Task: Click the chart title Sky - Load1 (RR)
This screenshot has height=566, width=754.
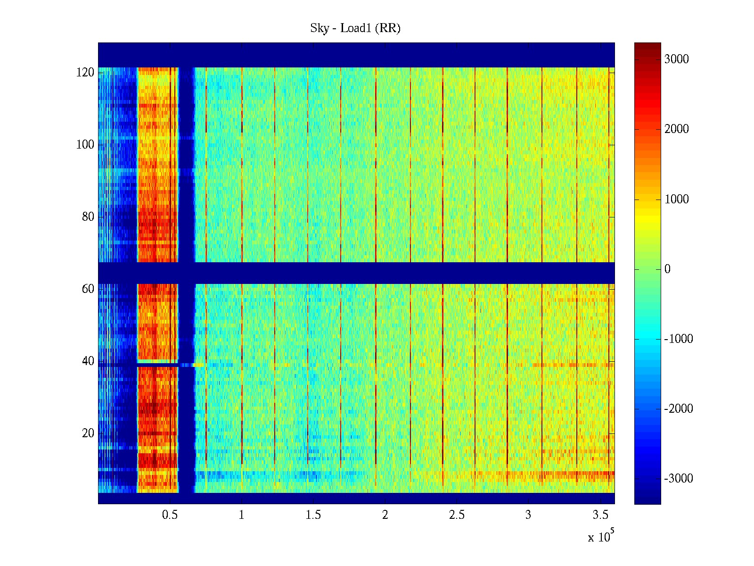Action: click(355, 28)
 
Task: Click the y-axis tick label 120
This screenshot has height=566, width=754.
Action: click(85, 73)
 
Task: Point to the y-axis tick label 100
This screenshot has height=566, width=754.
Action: click(85, 145)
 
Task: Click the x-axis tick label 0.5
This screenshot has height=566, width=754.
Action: click(170, 515)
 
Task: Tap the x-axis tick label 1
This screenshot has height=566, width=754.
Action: click(242, 515)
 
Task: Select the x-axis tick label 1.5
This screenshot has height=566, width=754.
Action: click(313, 515)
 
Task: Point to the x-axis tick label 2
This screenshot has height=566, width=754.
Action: click(385, 515)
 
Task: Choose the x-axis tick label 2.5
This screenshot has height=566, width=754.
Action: click(457, 515)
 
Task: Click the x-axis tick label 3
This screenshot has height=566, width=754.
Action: click(528, 515)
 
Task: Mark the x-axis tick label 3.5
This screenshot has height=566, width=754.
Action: click(600, 515)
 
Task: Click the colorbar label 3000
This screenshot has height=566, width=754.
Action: click(677, 59)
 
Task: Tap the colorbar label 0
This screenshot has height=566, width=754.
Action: click(667, 269)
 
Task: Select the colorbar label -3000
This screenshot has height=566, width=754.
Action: click(679, 479)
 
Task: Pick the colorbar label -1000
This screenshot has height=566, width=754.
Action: click(679, 339)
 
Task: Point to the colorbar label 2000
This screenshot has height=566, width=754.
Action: click(677, 129)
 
